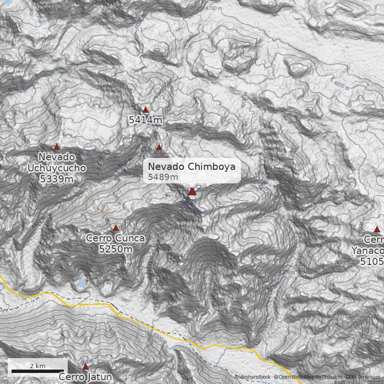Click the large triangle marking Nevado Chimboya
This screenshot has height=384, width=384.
pyautogui.click(x=192, y=192)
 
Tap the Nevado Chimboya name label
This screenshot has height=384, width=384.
pyautogui.click(x=192, y=167)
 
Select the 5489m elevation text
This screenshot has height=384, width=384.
pyautogui.click(x=163, y=177)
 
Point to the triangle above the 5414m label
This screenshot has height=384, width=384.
pyautogui.click(x=145, y=110)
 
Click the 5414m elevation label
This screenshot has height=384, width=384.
pyautogui.click(x=145, y=120)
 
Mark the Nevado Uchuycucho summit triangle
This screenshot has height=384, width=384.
pyautogui.click(x=57, y=147)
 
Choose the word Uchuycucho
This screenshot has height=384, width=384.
pyautogui.click(x=57, y=168)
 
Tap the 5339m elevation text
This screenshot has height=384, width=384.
pyautogui.click(x=57, y=179)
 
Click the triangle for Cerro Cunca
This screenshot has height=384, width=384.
pyautogui.click(x=116, y=228)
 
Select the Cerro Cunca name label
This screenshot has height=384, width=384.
pyautogui.click(x=115, y=238)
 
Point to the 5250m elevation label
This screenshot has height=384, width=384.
pyautogui.click(x=115, y=249)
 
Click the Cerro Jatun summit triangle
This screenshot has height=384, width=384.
pyautogui.click(x=85, y=367)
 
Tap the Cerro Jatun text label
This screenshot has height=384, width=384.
pyautogui.click(x=85, y=377)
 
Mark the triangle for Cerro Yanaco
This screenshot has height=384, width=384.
pyautogui.click(x=377, y=229)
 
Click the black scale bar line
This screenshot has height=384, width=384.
pyautogui.click(x=37, y=371)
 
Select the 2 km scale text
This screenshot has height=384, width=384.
pyautogui.click(x=37, y=366)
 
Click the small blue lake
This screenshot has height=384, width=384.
pyautogui.click(x=82, y=284)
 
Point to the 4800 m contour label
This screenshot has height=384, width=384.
pyautogui.click(x=341, y=85)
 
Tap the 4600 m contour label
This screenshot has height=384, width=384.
pyautogui.click(x=15, y=89)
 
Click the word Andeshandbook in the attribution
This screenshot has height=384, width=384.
pyautogui.click(x=252, y=377)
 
